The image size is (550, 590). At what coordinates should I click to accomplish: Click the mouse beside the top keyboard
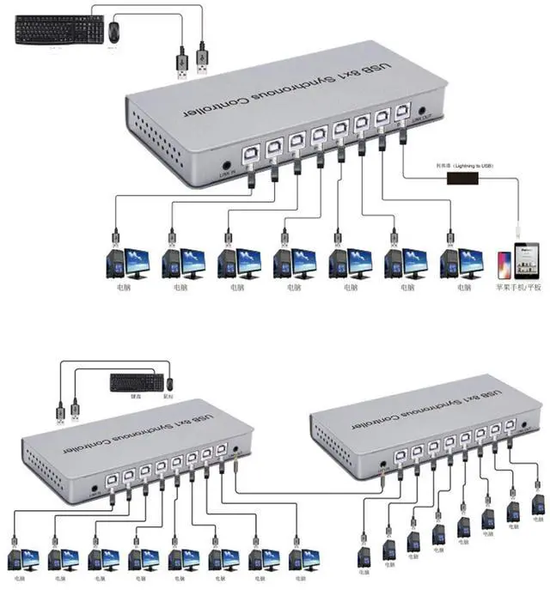[113, 33]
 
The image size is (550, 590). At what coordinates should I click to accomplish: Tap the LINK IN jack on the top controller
[227, 166]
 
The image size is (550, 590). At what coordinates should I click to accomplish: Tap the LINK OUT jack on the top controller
[421, 113]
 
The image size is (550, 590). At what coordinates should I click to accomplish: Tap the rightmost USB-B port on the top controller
[401, 115]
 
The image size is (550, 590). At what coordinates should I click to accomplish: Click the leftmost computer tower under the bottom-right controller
[363, 554]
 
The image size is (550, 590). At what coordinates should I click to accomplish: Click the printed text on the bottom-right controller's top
[430, 407]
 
